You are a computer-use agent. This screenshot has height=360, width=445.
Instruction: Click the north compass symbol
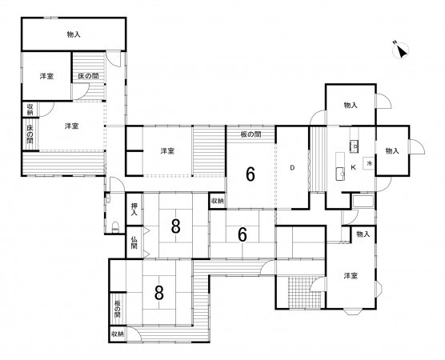coord(400,50)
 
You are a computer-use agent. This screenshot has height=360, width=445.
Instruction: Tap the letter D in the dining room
coord(292,168)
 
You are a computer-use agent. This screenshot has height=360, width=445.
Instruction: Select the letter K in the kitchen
coord(353,167)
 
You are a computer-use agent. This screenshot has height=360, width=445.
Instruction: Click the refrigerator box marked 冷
coord(369,163)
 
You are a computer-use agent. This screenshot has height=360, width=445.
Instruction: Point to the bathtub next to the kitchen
coord(363,201)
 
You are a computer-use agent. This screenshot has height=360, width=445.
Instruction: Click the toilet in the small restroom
coord(115,227)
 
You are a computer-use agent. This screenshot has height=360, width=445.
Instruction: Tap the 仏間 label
coord(134,243)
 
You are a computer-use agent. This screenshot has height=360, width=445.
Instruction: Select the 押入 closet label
coord(134,210)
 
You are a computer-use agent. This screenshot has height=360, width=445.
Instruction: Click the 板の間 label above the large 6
coord(251,134)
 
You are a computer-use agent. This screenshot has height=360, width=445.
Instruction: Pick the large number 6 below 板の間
coord(251,174)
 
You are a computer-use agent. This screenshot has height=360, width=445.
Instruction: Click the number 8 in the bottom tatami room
coord(159,293)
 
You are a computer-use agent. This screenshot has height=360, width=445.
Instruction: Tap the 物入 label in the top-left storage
coord(74,34)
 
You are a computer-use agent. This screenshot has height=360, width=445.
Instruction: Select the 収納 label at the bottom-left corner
coord(118,334)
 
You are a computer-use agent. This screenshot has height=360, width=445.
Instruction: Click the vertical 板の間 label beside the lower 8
coord(117,310)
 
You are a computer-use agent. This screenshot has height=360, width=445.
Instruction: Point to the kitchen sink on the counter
coord(339,174)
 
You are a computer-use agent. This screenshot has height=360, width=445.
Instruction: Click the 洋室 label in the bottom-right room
coord(351,276)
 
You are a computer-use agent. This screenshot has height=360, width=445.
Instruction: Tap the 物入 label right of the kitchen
coord(392,151)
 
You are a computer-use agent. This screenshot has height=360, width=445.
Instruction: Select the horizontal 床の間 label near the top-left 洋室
coord(88,76)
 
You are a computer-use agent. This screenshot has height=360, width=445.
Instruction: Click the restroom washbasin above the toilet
coord(107,198)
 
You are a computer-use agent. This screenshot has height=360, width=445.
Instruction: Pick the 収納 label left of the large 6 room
coord(218,201)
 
